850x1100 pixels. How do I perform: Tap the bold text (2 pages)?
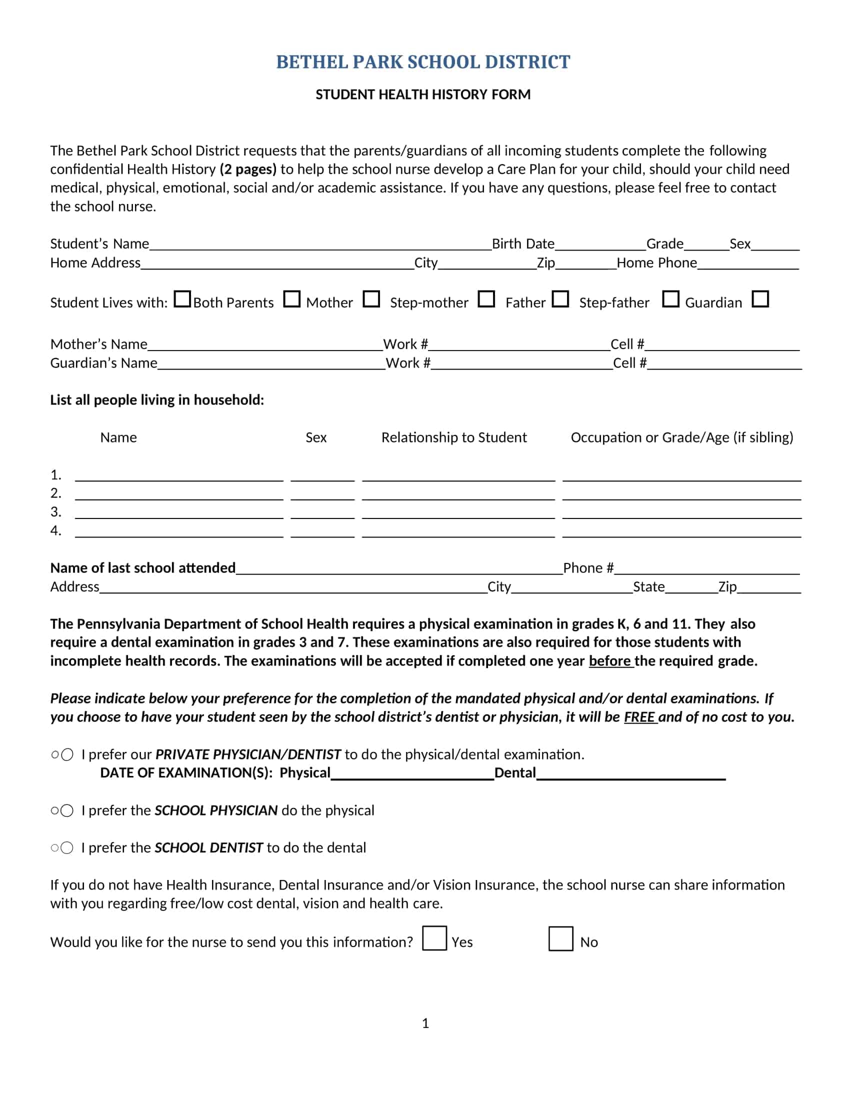coord(247,169)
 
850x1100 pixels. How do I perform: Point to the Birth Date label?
coord(522,244)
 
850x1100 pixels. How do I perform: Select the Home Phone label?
coord(656,263)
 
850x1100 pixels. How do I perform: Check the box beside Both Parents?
coord(182,299)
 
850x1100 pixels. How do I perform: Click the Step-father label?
coord(614,302)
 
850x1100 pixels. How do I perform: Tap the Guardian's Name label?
coord(103,363)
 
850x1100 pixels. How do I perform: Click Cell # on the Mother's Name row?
coord(627,344)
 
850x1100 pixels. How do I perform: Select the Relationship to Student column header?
coord(453,437)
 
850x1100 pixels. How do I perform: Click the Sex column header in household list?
coord(315,437)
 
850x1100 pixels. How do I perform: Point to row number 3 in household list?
coord(55,512)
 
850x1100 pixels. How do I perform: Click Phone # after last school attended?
coord(588,568)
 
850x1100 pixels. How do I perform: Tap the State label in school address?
coord(648,587)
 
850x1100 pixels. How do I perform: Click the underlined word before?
coord(610,661)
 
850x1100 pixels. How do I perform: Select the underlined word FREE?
coord(639,717)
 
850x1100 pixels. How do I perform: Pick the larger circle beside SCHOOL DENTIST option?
coord(67,848)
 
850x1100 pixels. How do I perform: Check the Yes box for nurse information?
coord(434,938)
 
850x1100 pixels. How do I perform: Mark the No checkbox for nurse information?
coord(560,939)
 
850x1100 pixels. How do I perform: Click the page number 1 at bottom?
coord(425,1023)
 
